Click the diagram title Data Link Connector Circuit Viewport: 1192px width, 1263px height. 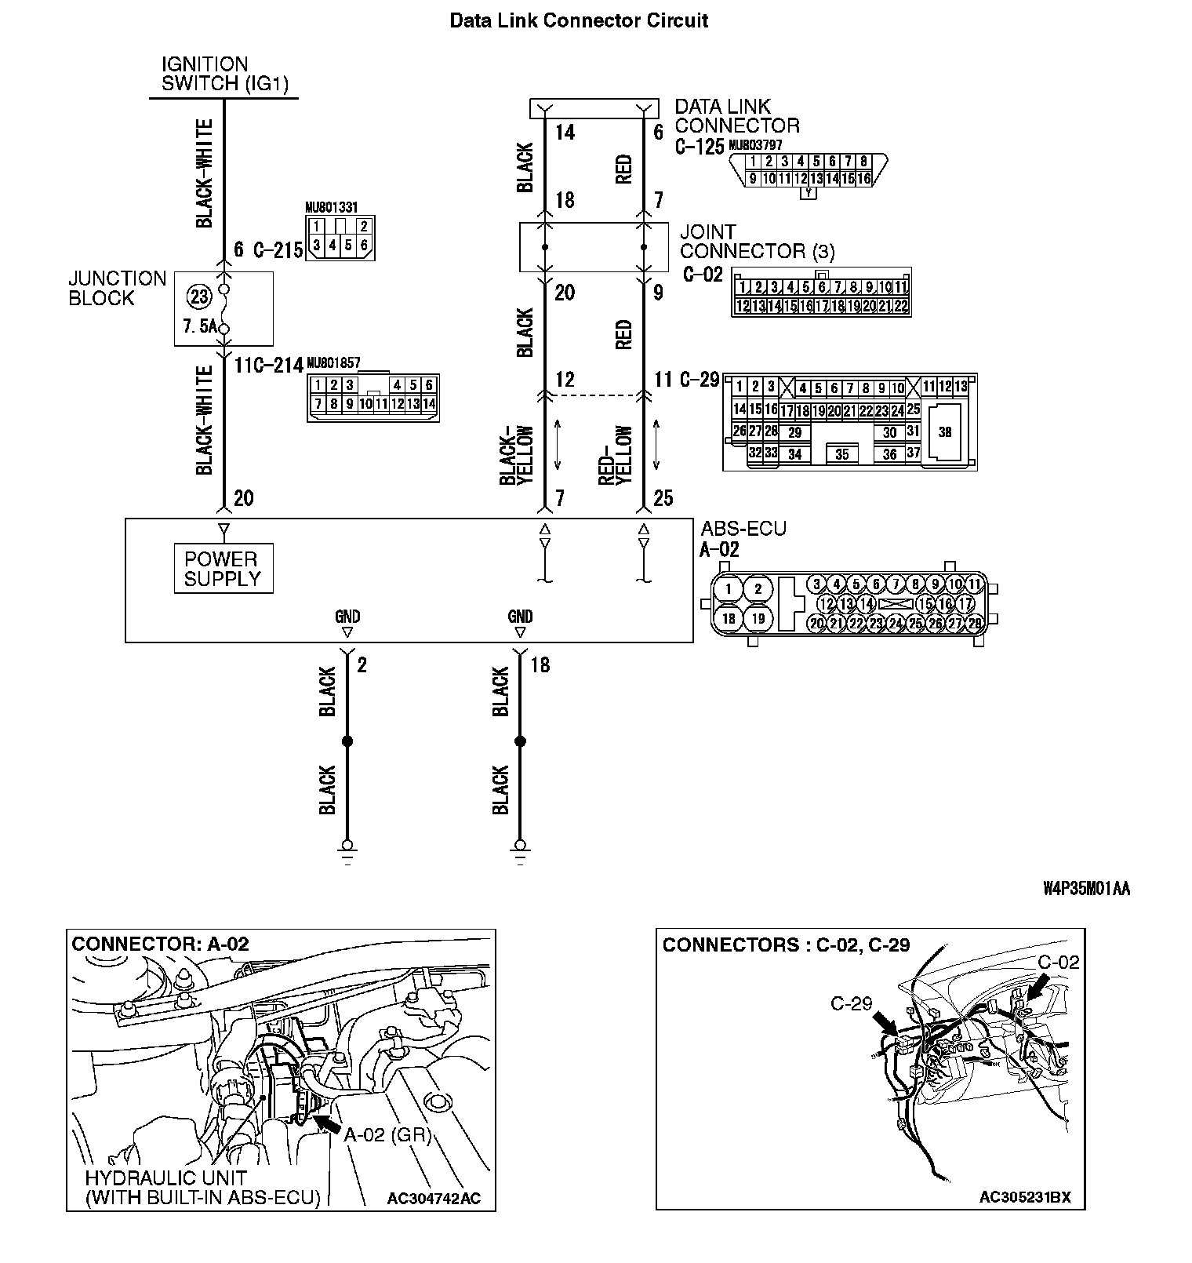pyautogui.click(x=579, y=20)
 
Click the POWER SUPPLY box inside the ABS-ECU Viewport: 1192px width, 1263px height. pyautogui.click(x=223, y=569)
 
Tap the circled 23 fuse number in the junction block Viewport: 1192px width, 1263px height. pyautogui.click(x=199, y=297)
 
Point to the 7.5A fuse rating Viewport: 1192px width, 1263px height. pyautogui.click(x=199, y=326)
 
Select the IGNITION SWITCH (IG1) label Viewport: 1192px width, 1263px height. pyautogui.click(x=224, y=75)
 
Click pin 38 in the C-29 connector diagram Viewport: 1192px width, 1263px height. pyautogui.click(x=944, y=431)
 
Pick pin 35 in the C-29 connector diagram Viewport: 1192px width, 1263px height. pyautogui.click(x=841, y=454)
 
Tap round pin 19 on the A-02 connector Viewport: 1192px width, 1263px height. pyautogui.click(x=758, y=618)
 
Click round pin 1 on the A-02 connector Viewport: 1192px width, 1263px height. pyautogui.click(x=729, y=588)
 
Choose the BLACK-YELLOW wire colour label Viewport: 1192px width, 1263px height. pyautogui.click(x=517, y=455)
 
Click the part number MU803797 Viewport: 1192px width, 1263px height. pyautogui.click(x=755, y=145)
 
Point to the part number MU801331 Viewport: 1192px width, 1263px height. pyautogui.click(x=331, y=207)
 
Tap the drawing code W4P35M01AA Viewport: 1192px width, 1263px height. pyautogui.click(x=1086, y=888)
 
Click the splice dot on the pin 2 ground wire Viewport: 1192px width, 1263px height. pyautogui.click(x=347, y=741)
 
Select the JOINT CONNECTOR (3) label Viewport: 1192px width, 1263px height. pyautogui.click(x=757, y=242)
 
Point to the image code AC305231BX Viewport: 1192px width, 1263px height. pyautogui.click(x=1025, y=1197)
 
